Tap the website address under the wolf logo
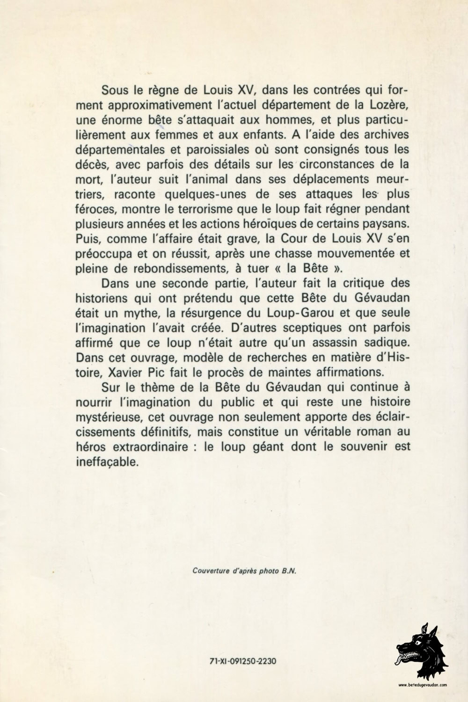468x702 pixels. coord(423,685)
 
